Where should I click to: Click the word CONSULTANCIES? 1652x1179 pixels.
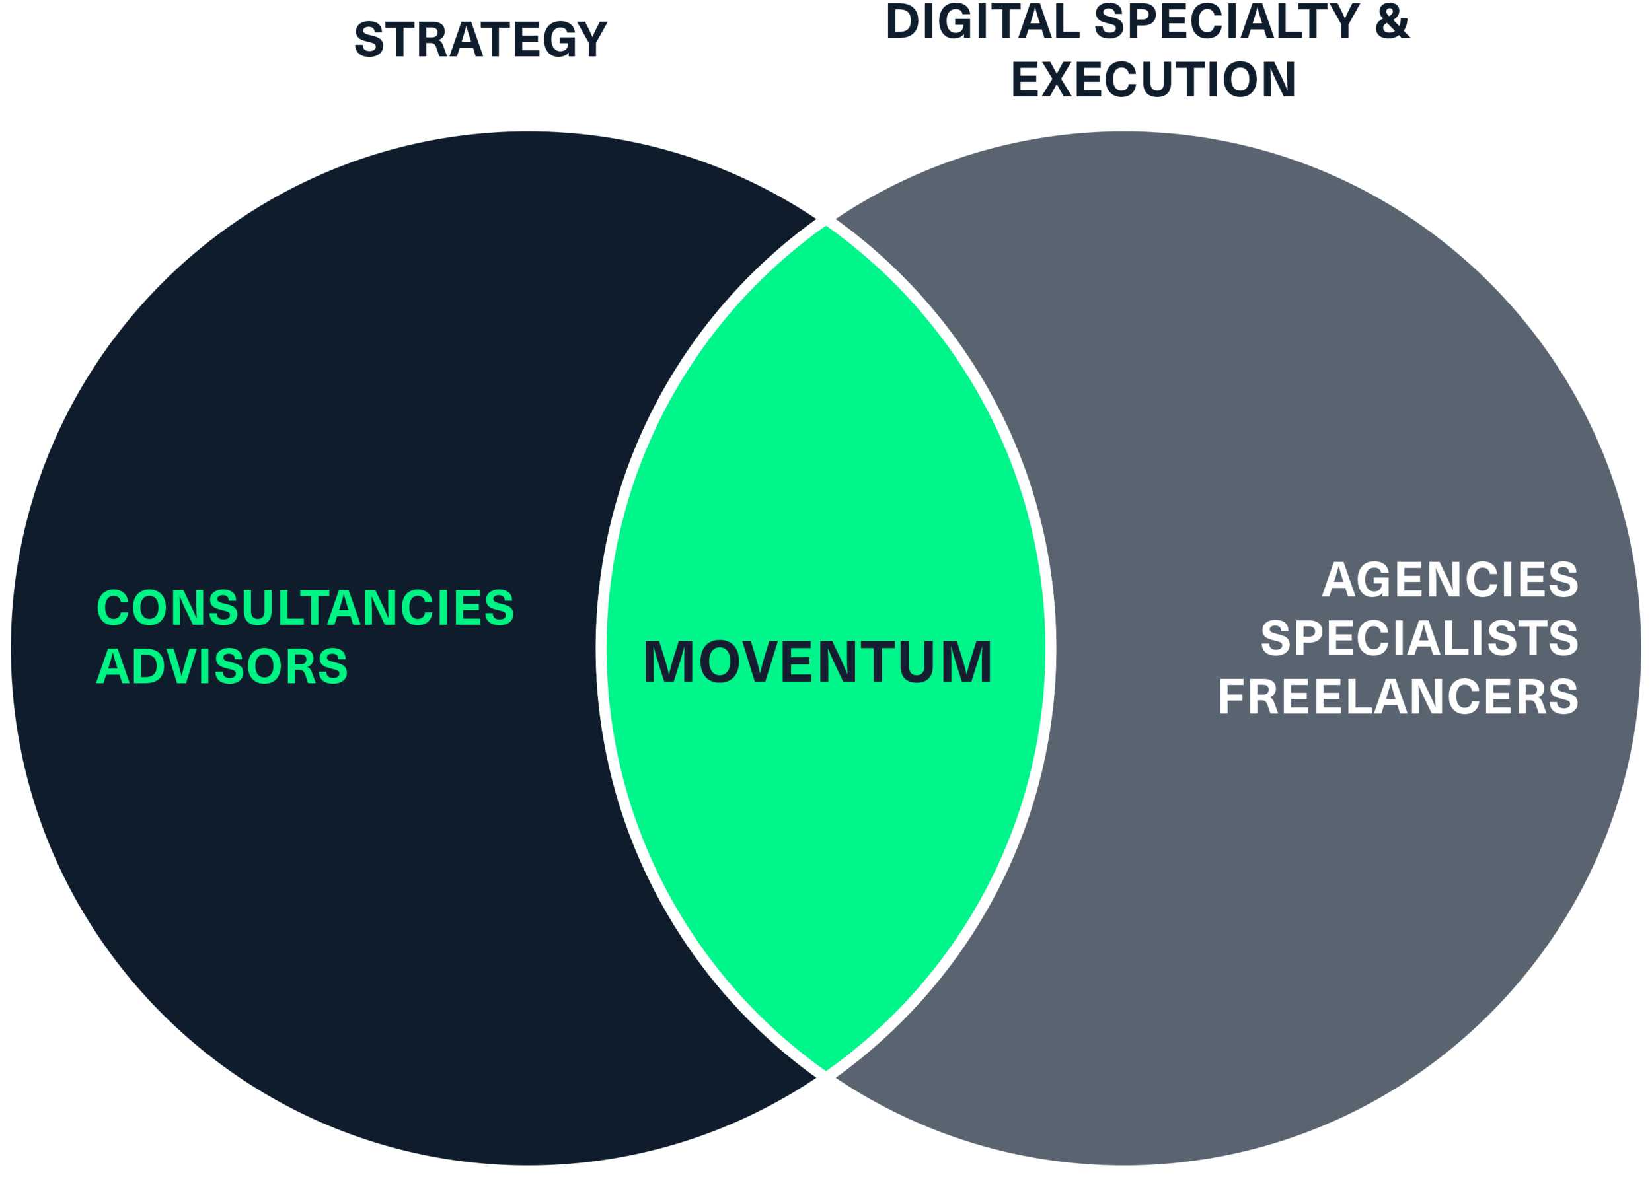pyautogui.click(x=305, y=608)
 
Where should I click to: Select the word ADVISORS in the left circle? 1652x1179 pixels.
pyautogui.click(x=222, y=666)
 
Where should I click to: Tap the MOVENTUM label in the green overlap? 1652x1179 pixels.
pyautogui.click(x=817, y=662)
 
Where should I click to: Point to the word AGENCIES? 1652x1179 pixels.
pyautogui.click(x=1449, y=580)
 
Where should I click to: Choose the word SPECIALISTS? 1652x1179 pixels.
pyautogui.click(x=1419, y=639)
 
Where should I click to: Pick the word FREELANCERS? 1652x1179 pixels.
pyautogui.click(x=1398, y=697)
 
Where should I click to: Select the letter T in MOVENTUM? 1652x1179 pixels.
pyautogui.click(x=879, y=662)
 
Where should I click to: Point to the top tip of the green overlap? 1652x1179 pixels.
pyautogui.click(x=825, y=228)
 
